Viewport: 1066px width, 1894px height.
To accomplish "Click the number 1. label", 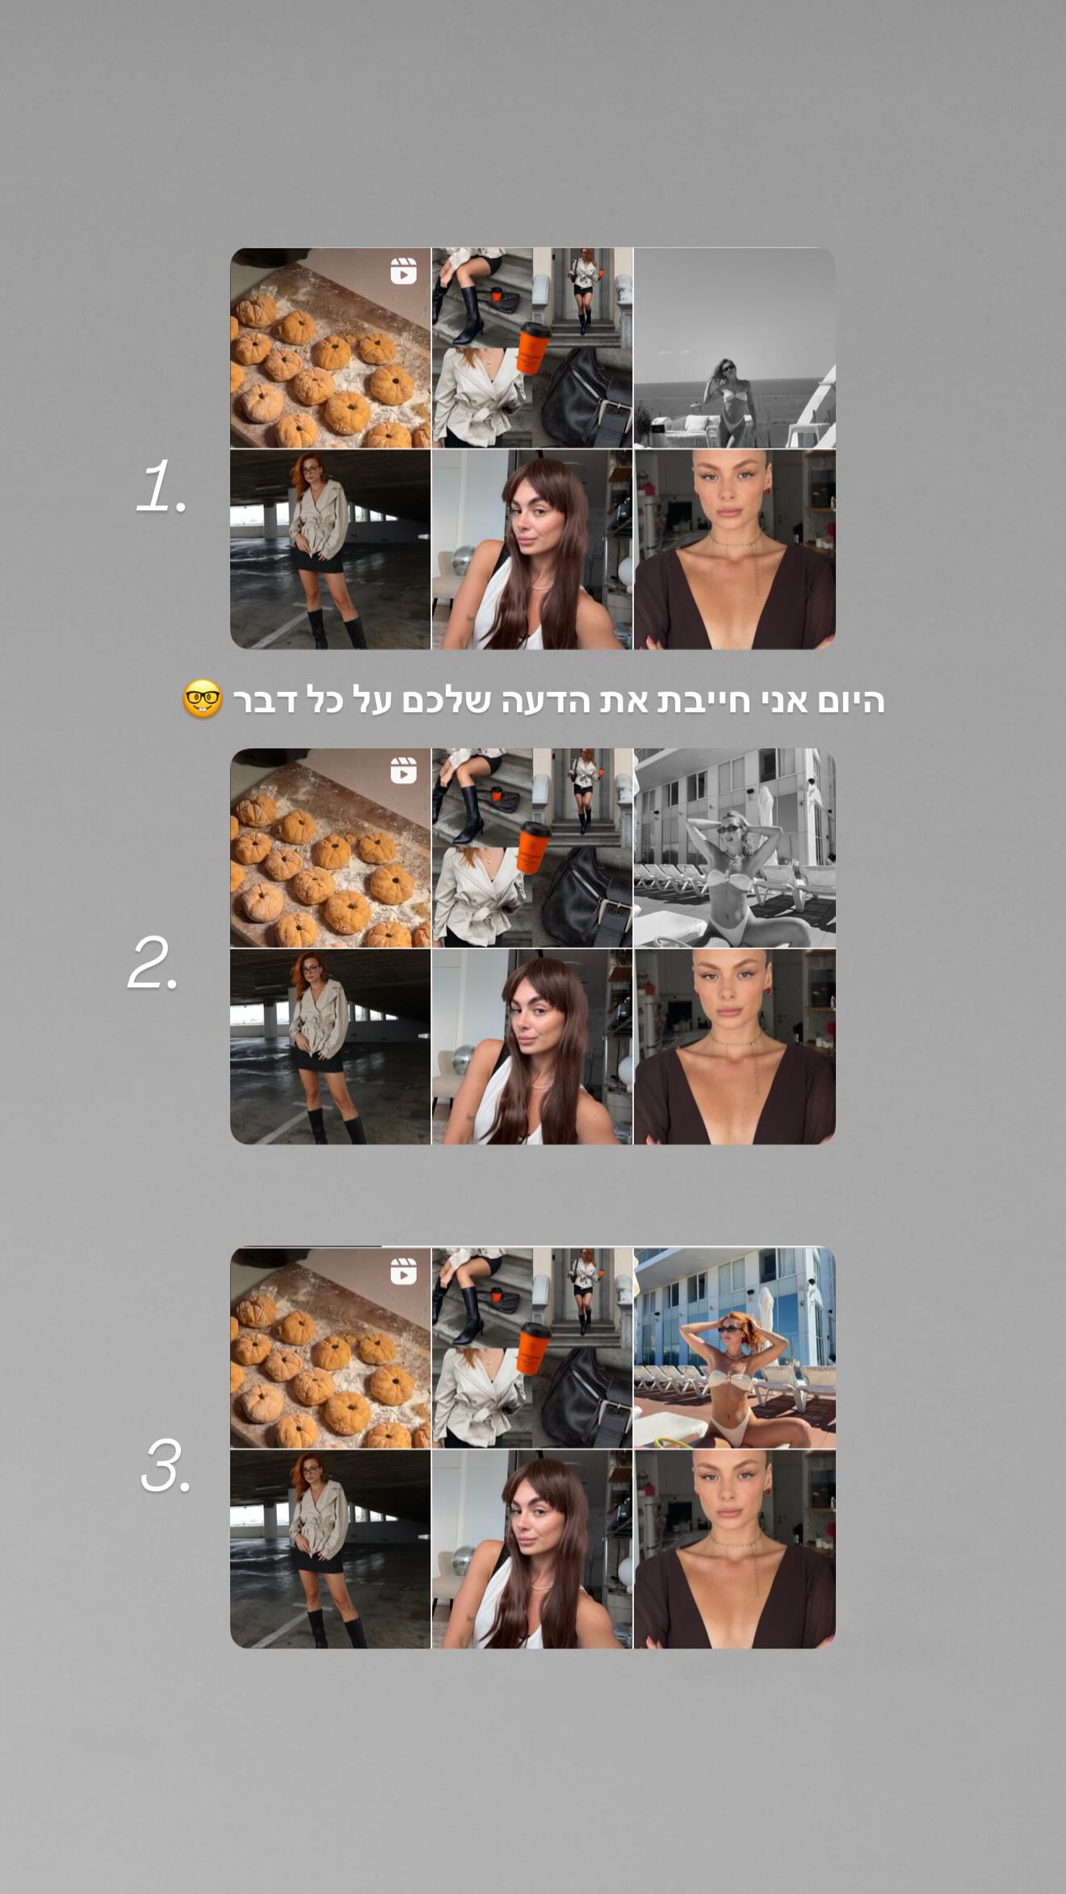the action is point(162,487).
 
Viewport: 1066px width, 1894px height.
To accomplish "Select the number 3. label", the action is point(166,1465).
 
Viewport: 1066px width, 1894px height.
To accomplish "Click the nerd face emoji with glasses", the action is point(202,700).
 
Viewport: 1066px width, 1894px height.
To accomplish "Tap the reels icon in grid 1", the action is point(403,271).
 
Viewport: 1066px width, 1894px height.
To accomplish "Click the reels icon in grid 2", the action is point(403,771).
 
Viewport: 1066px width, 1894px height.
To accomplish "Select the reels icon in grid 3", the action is point(403,1272).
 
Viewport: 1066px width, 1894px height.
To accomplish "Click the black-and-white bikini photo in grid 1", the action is point(735,348).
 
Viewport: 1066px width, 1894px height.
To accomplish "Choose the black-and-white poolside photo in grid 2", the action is point(735,848).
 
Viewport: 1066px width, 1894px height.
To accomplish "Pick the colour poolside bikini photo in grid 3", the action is point(735,1348).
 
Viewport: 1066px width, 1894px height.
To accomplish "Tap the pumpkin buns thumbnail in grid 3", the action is point(330,1348).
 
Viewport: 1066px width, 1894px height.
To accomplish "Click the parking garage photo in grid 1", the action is point(330,550).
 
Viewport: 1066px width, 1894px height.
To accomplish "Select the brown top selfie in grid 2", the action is point(735,1047).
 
